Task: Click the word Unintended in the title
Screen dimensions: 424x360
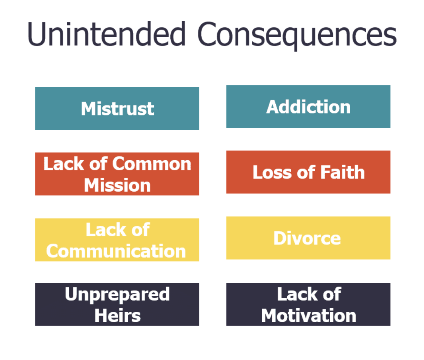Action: click(x=106, y=34)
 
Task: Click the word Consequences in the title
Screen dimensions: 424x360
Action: click(x=297, y=36)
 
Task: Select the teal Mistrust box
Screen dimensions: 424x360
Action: click(x=117, y=109)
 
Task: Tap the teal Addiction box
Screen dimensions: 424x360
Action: click(x=308, y=107)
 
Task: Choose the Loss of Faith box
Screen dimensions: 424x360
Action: click(x=308, y=172)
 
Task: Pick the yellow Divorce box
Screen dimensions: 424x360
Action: click(x=308, y=238)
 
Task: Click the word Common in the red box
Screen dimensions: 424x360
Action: click(x=152, y=164)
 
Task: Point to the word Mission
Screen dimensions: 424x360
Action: click(x=117, y=185)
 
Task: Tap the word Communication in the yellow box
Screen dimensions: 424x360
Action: click(x=116, y=251)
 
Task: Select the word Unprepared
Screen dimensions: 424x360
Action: click(x=117, y=295)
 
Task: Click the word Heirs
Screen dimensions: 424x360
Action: click(x=117, y=316)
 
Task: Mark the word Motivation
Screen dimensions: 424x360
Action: click(x=309, y=316)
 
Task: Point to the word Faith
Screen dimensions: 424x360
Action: click(x=343, y=172)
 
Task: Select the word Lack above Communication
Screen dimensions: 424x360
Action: click(x=106, y=229)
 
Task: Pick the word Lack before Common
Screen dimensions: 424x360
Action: click(x=64, y=164)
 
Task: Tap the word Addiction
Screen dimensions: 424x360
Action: click(x=308, y=107)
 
